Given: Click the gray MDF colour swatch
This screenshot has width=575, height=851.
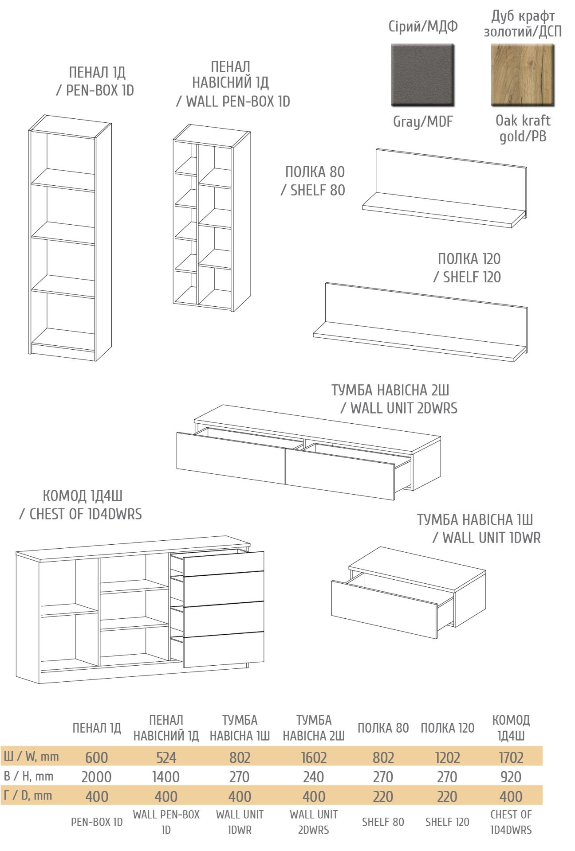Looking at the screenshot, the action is click(422, 75).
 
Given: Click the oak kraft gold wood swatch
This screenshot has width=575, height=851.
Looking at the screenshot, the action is click(523, 75).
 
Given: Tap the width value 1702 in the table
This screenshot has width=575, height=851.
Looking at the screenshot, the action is click(511, 757).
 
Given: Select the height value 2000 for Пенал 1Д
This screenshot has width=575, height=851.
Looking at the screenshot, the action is click(96, 777).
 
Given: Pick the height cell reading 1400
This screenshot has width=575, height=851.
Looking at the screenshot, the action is click(166, 777).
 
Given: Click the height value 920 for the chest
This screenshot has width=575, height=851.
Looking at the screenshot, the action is click(511, 777).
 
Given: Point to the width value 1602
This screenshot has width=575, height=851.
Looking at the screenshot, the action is click(314, 757).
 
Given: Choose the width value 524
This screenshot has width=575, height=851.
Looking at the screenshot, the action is click(166, 757).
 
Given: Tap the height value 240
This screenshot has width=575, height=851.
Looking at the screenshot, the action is click(314, 777).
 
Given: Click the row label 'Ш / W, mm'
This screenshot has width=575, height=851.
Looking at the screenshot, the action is click(32, 756).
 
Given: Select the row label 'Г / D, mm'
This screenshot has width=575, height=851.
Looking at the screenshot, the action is click(28, 796).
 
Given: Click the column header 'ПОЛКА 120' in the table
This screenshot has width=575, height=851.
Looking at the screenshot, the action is click(447, 728).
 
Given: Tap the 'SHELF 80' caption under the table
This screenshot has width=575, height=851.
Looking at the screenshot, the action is click(383, 822).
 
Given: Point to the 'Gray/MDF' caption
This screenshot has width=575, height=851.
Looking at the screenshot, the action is click(423, 121).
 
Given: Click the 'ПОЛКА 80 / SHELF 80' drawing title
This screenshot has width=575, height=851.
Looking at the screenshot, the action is click(313, 181).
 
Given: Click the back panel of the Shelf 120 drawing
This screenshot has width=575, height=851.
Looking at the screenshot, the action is click(426, 314).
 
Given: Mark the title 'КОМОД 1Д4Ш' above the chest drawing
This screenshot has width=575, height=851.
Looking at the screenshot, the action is click(83, 496).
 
